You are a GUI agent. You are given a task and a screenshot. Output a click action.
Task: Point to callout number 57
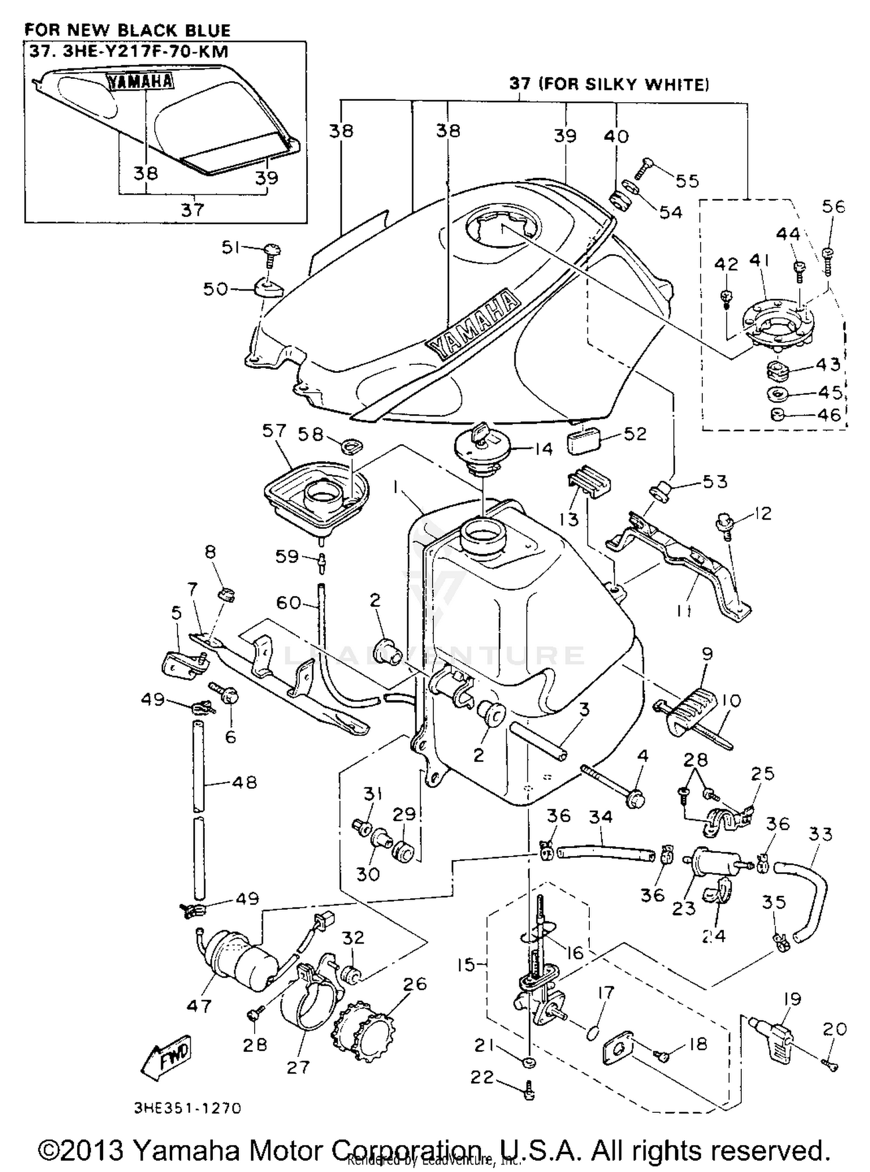[x=274, y=431]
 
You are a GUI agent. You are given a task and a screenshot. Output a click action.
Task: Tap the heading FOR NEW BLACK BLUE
[x=128, y=30]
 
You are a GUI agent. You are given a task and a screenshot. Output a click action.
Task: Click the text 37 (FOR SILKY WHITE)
[x=608, y=84]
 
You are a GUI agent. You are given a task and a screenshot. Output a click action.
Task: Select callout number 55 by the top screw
[x=687, y=181]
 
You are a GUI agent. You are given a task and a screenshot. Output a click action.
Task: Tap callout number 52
[x=635, y=434]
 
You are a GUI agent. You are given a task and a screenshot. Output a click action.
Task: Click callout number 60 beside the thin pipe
[x=288, y=603]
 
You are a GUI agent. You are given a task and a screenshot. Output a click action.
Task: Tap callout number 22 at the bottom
[x=482, y=1077]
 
